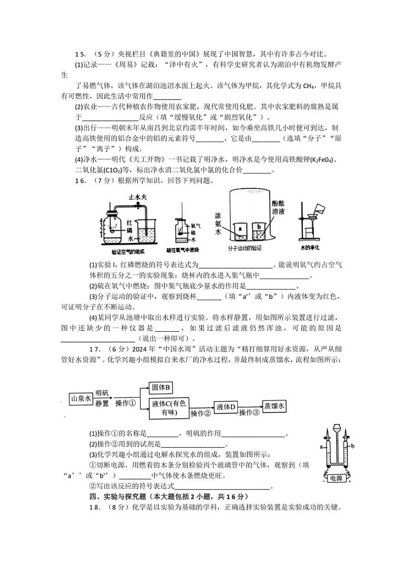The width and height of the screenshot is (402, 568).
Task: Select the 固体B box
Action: pyautogui.click(x=162, y=387)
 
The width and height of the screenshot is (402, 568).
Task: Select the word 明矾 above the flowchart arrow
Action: pyautogui.click(x=102, y=393)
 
